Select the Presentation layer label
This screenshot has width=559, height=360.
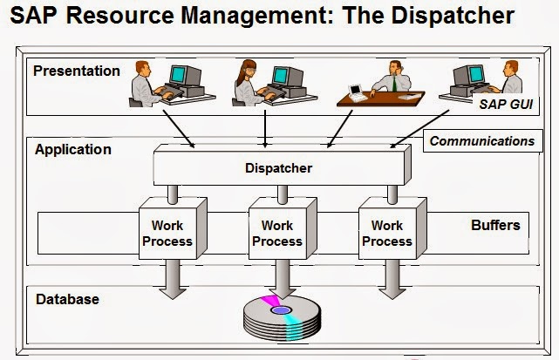[76, 71]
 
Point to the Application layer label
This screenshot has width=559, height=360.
[72, 149]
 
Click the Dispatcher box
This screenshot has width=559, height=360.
[277, 167]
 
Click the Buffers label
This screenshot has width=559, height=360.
[495, 225]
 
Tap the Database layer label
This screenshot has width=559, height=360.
[67, 299]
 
